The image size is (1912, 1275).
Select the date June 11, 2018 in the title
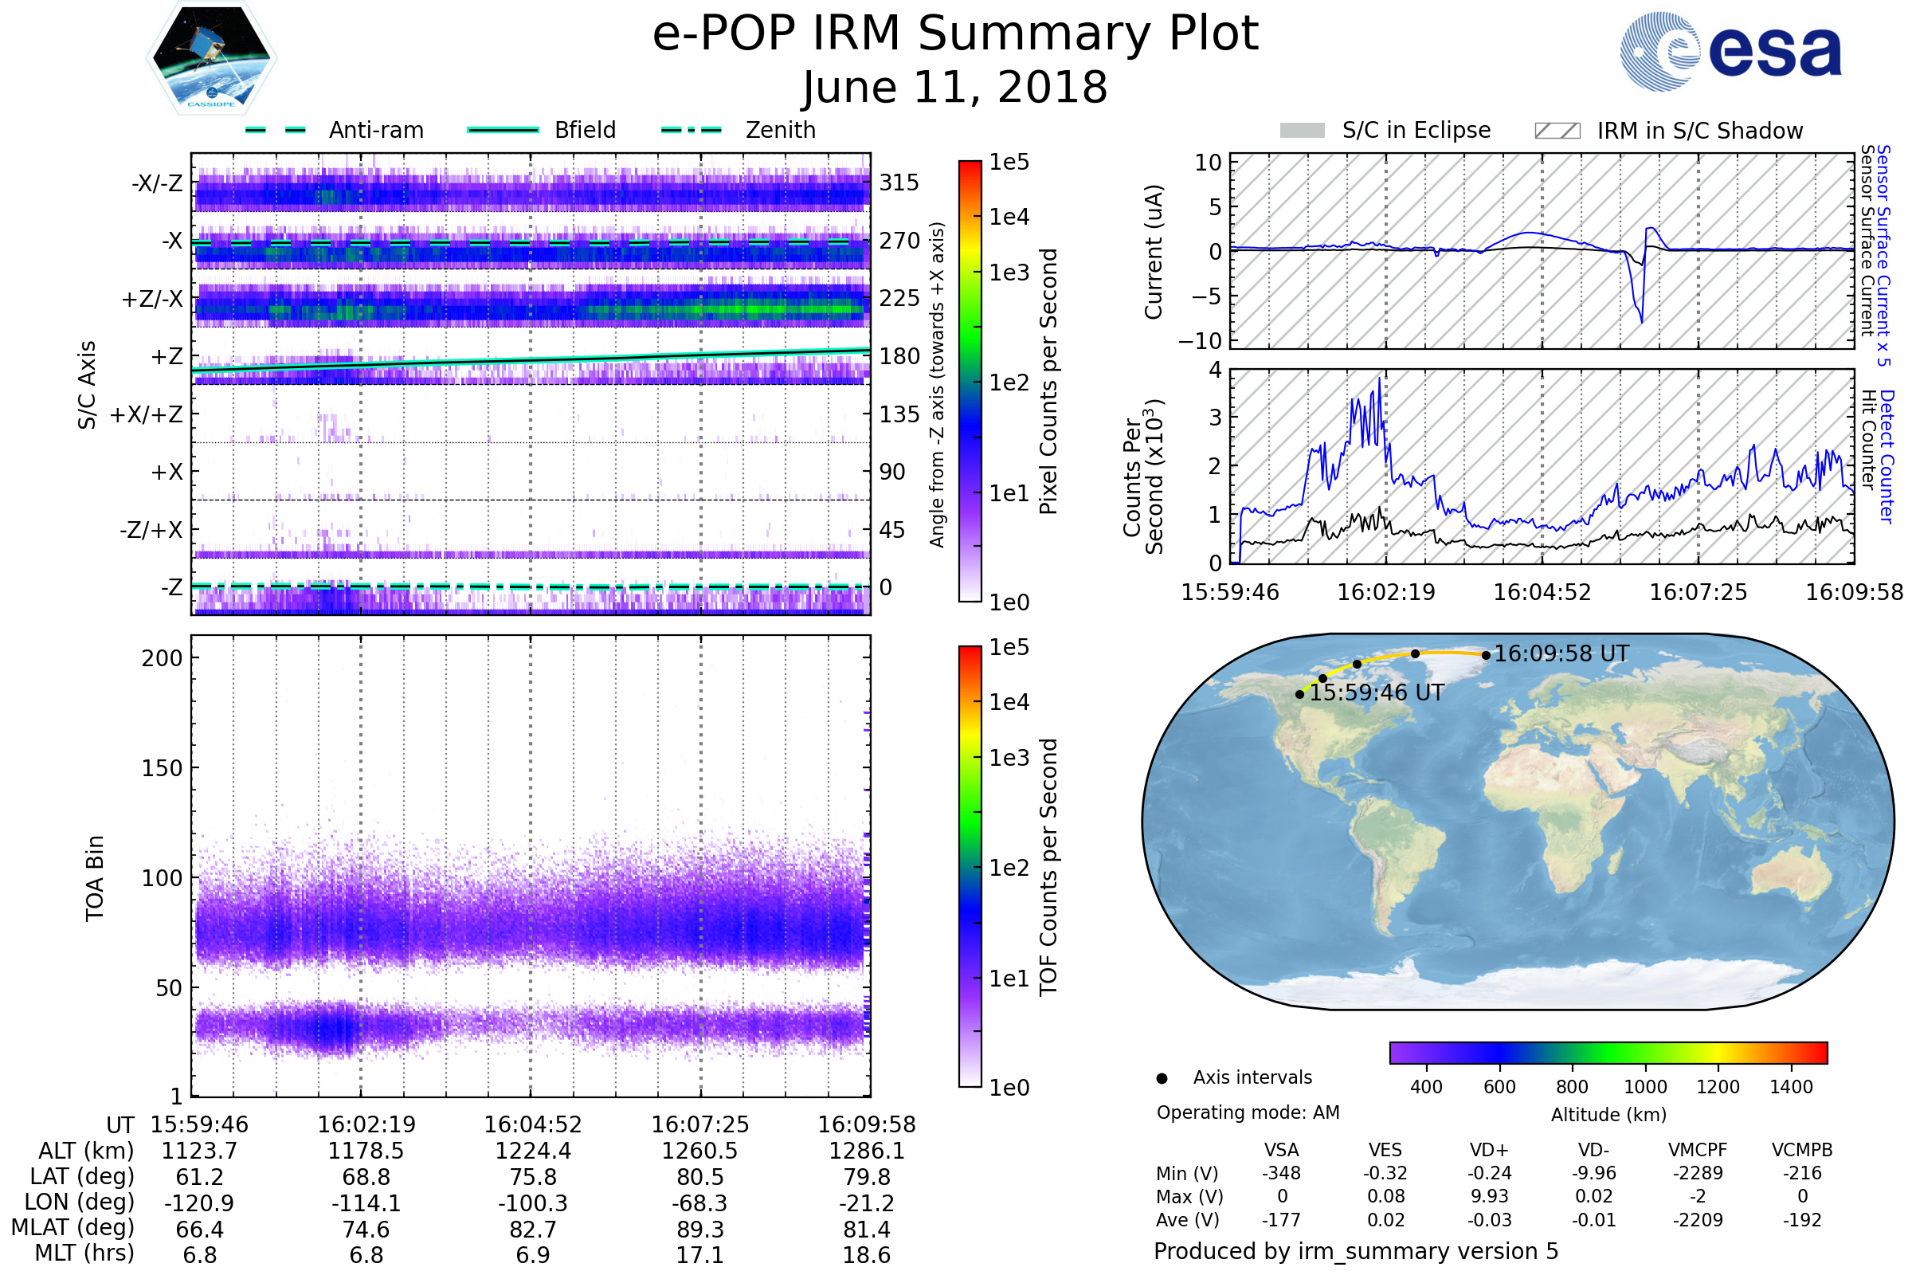(x=954, y=87)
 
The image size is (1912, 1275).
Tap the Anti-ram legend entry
(x=375, y=130)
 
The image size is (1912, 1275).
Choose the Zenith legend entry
(x=780, y=130)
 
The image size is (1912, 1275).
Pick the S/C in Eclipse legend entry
(x=1416, y=130)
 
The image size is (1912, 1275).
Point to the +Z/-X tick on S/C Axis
(x=152, y=300)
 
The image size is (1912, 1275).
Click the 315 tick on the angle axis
(x=899, y=183)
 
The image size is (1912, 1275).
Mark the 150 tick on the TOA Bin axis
(x=162, y=768)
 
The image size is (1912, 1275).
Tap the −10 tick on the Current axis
(x=1199, y=341)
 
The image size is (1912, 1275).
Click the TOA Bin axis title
(x=95, y=877)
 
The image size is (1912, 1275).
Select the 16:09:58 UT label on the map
(x=1561, y=653)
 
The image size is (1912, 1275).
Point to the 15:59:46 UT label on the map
(x=1377, y=692)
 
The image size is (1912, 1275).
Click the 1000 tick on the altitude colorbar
(x=1644, y=1087)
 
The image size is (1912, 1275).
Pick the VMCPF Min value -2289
(x=1698, y=1173)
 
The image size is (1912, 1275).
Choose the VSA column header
(x=1281, y=1151)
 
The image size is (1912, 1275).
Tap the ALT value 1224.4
(x=532, y=1151)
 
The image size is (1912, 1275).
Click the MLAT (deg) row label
(x=72, y=1229)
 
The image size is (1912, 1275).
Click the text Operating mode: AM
(x=1247, y=1112)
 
